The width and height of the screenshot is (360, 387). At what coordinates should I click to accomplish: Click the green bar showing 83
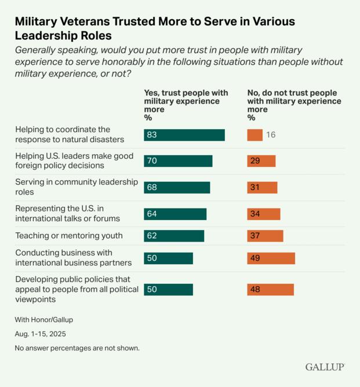coord(184,135)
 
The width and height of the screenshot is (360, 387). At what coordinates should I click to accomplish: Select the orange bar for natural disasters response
coord(254,135)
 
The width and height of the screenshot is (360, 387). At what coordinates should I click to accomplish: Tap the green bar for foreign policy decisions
coord(178,161)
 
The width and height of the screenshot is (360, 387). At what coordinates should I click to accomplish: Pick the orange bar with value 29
coord(261,161)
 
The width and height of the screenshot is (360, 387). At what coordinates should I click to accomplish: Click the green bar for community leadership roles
coord(177,188)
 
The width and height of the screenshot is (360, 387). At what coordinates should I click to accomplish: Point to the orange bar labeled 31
coord(262,188)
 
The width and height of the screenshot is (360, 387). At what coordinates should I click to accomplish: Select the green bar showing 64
coord(175,214)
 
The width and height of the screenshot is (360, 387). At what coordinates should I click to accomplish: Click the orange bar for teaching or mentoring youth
coord(265,236)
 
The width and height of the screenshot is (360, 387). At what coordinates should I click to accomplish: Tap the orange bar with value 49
coord(271,258)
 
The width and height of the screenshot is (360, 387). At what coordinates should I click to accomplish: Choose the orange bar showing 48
coord(270,290)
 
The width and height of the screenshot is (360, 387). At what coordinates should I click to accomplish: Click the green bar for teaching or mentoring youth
coord(174,236)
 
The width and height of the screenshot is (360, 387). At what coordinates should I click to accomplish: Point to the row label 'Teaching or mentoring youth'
coord(69,236)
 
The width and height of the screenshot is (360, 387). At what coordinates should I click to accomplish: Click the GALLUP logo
coord(325,367)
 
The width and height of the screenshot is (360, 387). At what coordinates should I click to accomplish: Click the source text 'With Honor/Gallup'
coord(44,320)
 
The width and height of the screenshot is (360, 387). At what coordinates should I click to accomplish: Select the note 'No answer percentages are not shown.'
coord(77,349)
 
